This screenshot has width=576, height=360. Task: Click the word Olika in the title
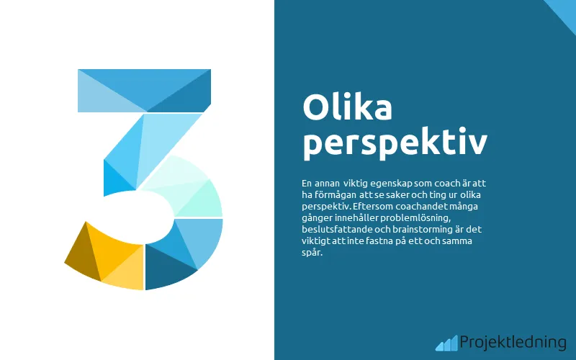point(348,108)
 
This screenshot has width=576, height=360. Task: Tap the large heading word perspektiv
point(395,143)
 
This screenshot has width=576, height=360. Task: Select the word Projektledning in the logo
point(512,342)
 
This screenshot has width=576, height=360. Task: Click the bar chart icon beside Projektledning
point(446,343)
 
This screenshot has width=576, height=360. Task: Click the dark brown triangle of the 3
point(78,255)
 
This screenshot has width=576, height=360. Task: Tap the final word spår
point(312,252)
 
